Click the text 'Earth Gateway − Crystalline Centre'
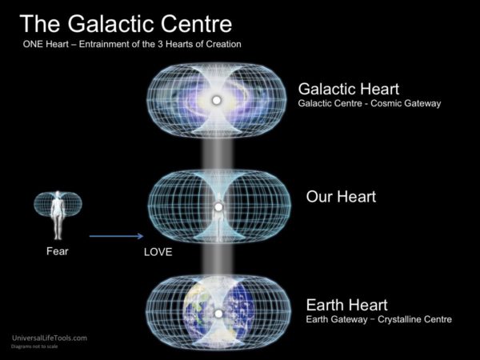tap(379, 319)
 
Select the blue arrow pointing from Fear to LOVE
tap(116, 236)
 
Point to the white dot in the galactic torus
tap(216, 101)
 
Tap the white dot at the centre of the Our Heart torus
tap(216, 208)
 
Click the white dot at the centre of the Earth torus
tap(216, 313)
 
